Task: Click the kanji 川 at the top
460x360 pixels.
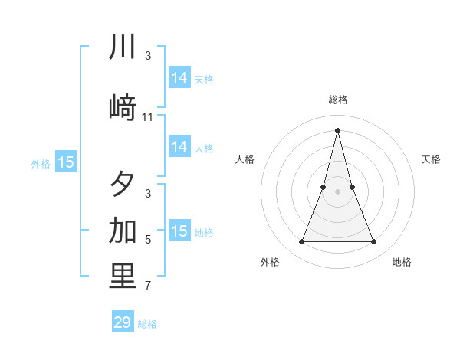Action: point(123,47)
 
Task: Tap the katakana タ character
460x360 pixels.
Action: point(123,184)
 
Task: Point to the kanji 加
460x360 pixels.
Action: point(123,230)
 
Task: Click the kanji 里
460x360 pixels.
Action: point(123,277)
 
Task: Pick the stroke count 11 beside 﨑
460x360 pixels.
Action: point(148,117)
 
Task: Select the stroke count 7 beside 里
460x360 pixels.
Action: point(148,286)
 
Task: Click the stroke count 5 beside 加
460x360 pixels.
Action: point(148,240)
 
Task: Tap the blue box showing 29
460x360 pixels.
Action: point(123,322)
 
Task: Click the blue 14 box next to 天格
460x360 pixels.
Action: point(179,78)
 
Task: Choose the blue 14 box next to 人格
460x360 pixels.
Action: point(179,148)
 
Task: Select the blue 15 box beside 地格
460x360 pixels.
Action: point(179,231)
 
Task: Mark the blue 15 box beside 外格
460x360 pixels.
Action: point(66,162)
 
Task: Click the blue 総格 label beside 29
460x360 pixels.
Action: point(147,324)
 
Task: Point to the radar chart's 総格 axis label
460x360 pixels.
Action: point(337,100)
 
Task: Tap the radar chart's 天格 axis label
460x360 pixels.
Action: point(431,159)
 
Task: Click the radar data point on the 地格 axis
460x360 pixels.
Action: point(374,242)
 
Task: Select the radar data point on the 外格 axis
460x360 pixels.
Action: point(301,242)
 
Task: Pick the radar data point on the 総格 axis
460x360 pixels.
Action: point(337,129)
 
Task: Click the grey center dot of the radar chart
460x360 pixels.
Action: point(337,191)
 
